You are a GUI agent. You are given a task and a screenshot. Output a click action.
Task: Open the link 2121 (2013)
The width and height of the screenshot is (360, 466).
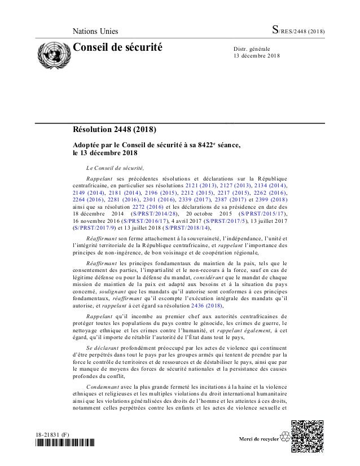pyautogui.click(x=201, y=186)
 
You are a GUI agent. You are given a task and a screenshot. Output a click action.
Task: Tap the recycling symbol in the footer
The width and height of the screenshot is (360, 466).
pyautogui.click(x=280, y=439)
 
